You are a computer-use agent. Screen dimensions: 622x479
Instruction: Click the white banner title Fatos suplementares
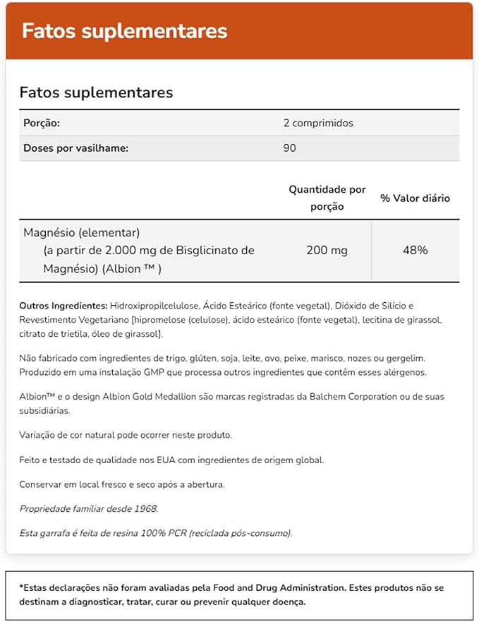point(125,32)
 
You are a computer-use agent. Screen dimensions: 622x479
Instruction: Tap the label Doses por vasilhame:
point(75,148)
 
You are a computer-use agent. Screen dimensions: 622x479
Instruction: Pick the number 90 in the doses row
point(289,148)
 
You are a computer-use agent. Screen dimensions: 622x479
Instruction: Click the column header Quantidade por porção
point(327,198)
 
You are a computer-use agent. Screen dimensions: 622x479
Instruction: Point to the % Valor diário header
point(415,198)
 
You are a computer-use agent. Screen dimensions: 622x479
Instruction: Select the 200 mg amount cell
point(327,250)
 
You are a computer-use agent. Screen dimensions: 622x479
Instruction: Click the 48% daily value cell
point(415,250)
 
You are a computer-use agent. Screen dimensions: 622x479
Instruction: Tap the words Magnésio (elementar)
point(82,232)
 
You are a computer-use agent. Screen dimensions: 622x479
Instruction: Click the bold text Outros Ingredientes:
point(63,306)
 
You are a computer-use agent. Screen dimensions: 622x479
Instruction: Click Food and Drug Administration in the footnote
point(284,587)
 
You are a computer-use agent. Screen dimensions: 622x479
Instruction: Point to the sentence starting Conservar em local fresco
point(122,484)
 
